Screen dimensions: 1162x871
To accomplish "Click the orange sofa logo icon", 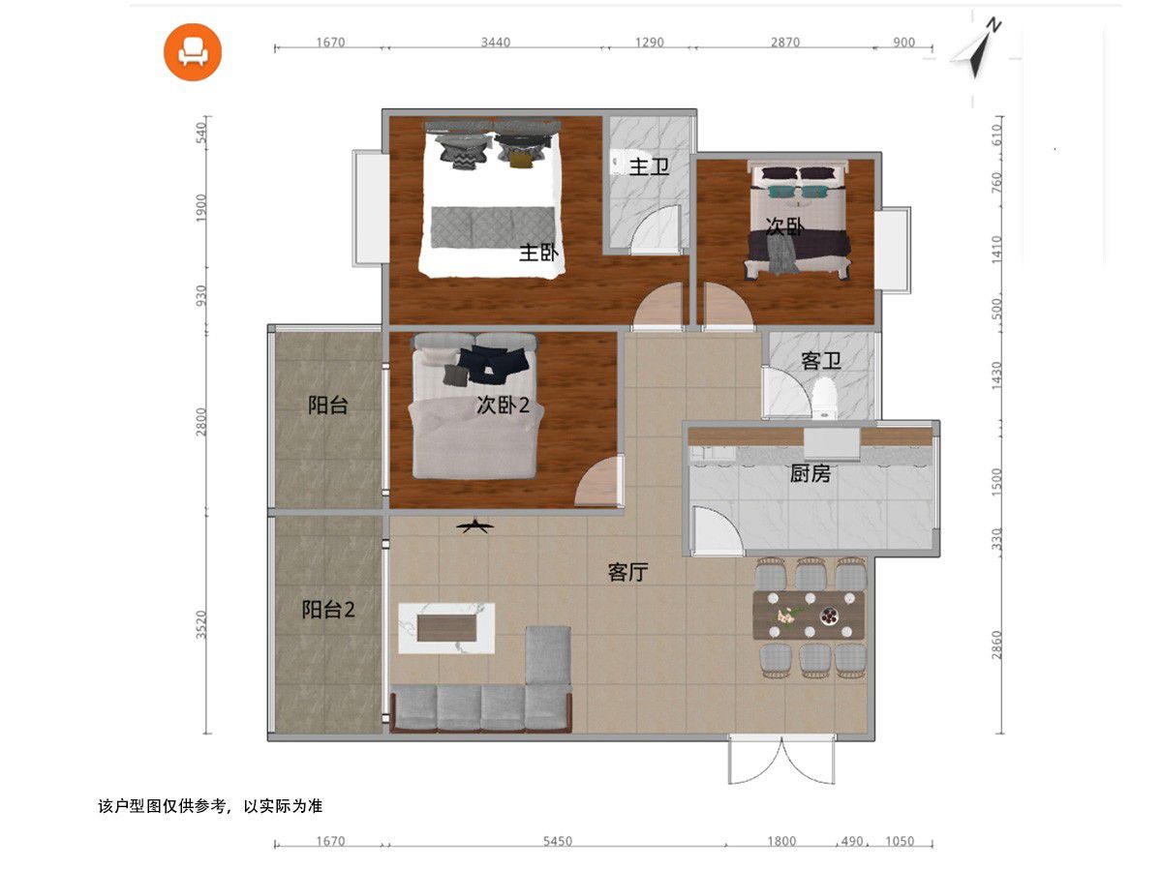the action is [x=192, y=52].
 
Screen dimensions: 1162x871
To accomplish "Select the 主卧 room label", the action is [x=538, y=253].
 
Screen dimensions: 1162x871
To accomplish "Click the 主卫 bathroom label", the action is [x=649, y=166].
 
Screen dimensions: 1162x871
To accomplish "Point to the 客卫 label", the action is [x=821, y=361].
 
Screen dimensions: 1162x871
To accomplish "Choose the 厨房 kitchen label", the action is [x=810, y=473].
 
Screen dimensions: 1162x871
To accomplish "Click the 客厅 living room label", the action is [x=627, y=572].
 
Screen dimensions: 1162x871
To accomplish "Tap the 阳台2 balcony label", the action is [x=328, y=610].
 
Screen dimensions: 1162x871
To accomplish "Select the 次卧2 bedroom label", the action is [x=503, y=405].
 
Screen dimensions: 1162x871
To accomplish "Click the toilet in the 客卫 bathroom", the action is [x=824, y=397].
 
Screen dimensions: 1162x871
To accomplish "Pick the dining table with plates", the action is [x=809, y=616].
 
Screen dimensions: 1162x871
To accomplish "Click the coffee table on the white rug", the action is [x=446, y=628].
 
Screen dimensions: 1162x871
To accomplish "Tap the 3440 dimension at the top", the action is [x=496, y=42].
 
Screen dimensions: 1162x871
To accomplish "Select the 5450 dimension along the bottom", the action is [x=558, y=841].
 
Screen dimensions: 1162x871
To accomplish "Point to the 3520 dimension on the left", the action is [x=201, y=624].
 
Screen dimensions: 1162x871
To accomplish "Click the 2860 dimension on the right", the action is [x=996, y=645].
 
